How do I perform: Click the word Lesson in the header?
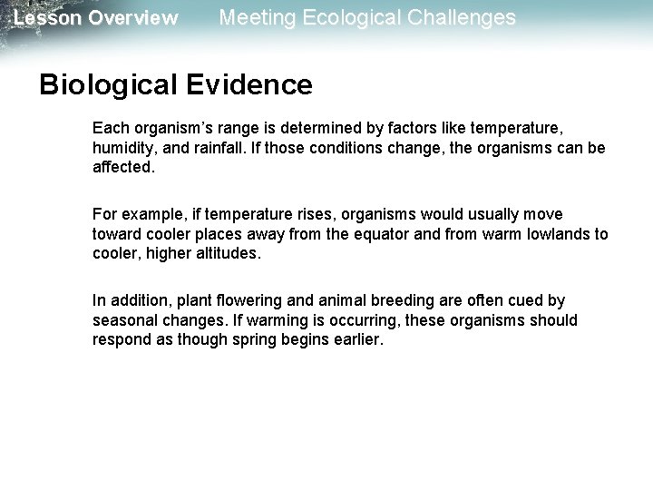pos(44,18)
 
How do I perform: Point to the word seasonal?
pos(122,322)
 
